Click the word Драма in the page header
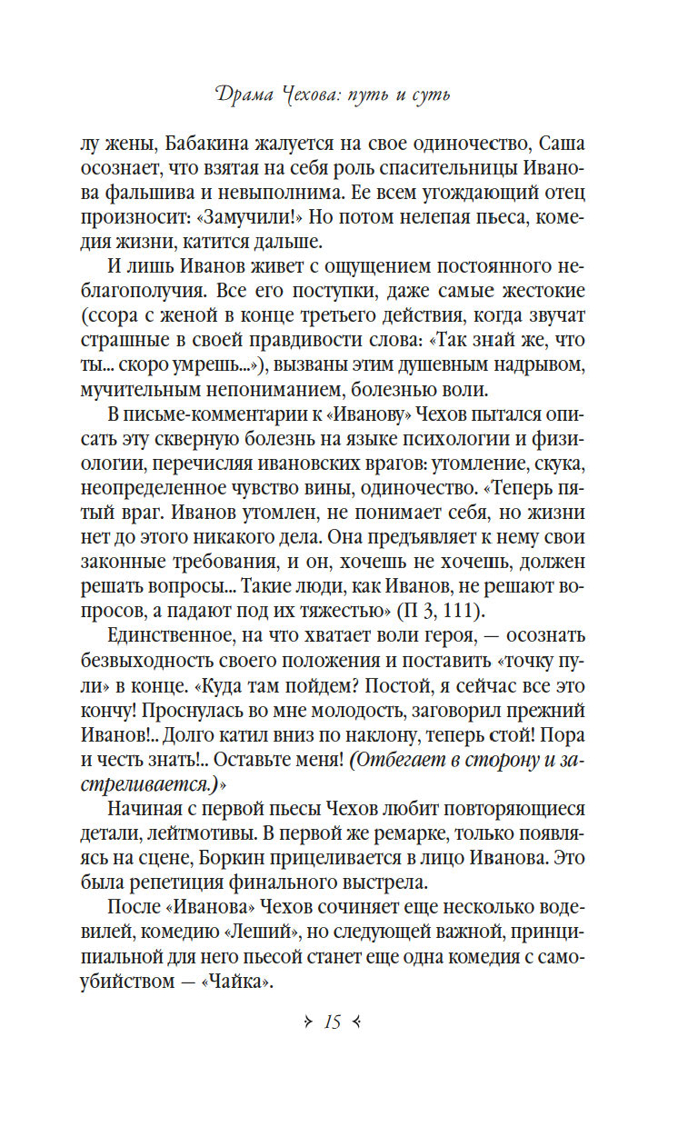pos(248,94)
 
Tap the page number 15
pos(331,1022)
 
